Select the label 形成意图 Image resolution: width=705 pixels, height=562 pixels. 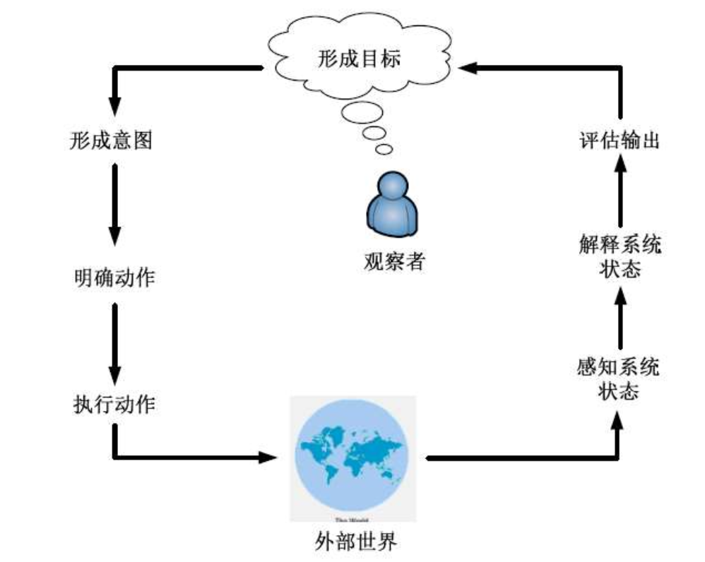(x=112, y=140)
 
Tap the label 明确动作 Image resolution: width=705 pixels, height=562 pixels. (x=114, y=277)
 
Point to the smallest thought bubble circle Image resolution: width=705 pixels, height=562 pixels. (x=384, y=149)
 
